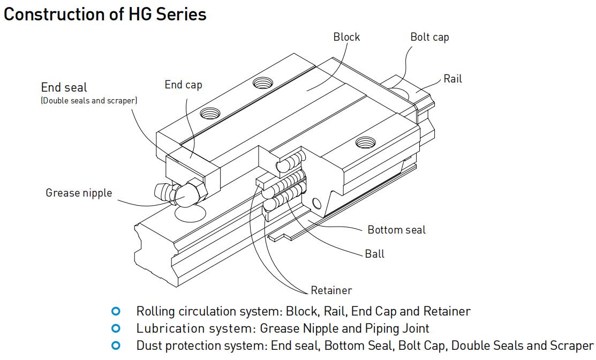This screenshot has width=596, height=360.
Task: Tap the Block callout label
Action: pyautogui.click(x=346, y=37)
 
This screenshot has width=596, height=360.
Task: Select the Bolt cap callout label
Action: pyautogui.click(x=429, y=37)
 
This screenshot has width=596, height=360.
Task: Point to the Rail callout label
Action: pyautogui.click(x=452, y=79)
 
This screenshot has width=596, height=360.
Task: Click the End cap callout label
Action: pyautogui.click(x=183, y=85)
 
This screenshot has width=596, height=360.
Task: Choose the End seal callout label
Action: pyautogui.click(x=64, y=87)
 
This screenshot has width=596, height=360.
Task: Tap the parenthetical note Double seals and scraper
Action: pyautogui.click(x=89, y=101)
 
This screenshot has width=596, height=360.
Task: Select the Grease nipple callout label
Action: pyautogui.click(x=79, y=193)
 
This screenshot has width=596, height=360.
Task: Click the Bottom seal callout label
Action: pyautogui.click(x=396, y=230)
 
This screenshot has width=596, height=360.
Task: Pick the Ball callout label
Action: pyautogui.click(x=374, y=254)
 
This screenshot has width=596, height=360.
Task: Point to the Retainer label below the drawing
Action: pyautogui.click(x=331, y=290)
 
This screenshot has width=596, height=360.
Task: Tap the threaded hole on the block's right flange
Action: pyautogui.click(x=366, y=142)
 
